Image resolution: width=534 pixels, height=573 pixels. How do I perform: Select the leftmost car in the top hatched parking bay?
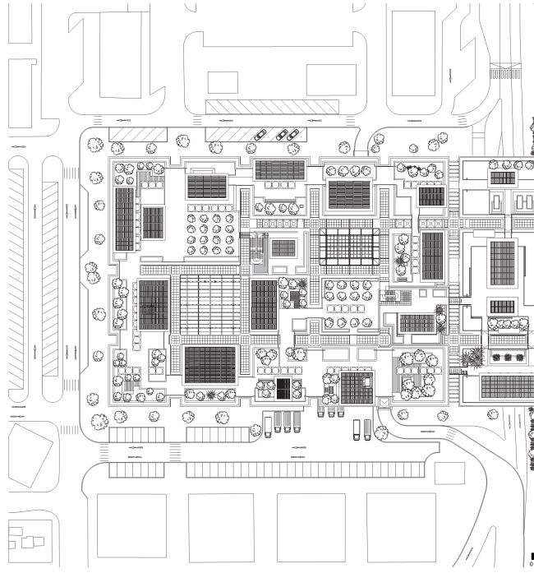click(x=260, y=136)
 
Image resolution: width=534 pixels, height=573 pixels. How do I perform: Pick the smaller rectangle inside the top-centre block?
click(x=222, y=82)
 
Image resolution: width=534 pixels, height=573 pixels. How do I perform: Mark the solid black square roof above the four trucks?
click(x=284, y=389)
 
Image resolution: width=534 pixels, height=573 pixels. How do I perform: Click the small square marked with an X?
click(x=383, y=402)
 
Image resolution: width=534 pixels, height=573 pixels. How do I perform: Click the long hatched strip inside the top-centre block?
click(x=271, y=108)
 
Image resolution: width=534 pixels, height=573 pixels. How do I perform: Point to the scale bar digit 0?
click(x=531, y=565)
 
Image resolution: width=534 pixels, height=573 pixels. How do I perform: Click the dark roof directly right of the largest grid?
click(x=263, y=304)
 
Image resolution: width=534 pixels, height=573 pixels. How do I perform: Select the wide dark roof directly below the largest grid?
click(x=209, y=364)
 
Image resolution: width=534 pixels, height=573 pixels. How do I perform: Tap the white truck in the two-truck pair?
click(x=356, y=427)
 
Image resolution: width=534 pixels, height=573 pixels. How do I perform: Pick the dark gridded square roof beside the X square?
click(x=357, y=388)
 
